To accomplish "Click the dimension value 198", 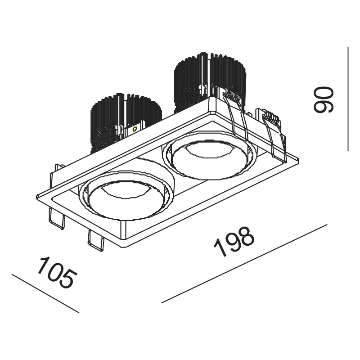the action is (234, 242).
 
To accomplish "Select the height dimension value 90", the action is (324, 99).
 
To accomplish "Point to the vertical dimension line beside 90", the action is (348, 99).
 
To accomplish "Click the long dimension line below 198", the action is (244, 264).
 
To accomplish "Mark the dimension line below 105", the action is (45, 293).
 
